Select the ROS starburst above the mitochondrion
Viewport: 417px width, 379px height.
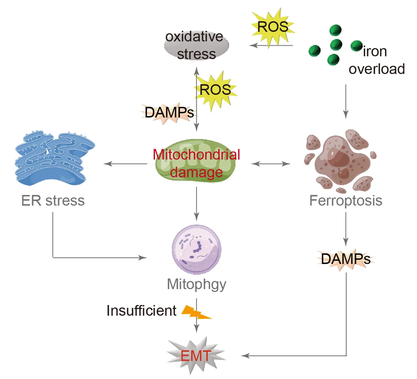215,90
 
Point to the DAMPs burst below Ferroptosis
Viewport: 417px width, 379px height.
346,259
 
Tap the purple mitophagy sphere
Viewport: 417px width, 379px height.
197,250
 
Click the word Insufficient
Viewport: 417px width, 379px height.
141,311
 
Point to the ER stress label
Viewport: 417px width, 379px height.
53,201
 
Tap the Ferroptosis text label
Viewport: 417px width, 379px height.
346,201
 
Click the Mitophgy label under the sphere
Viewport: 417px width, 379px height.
196,284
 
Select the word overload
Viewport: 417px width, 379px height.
376,69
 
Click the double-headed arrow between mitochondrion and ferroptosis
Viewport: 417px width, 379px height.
271,164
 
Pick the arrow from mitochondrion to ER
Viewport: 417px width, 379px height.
126,164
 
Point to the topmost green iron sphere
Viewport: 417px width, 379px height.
335,30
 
